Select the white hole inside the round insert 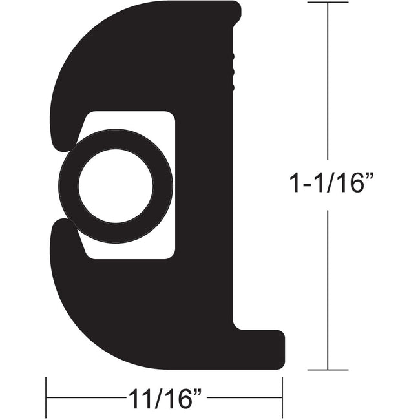pyautogui.click(x=116, y=186)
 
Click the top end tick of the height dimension pyautogui.click(x=328, y=3)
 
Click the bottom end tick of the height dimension pyautogui.click(x=328, y=370)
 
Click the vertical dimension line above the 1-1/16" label pyautogui.click(x=328, y=84)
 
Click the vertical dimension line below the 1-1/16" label pyautogui.click(x=328, y=291)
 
